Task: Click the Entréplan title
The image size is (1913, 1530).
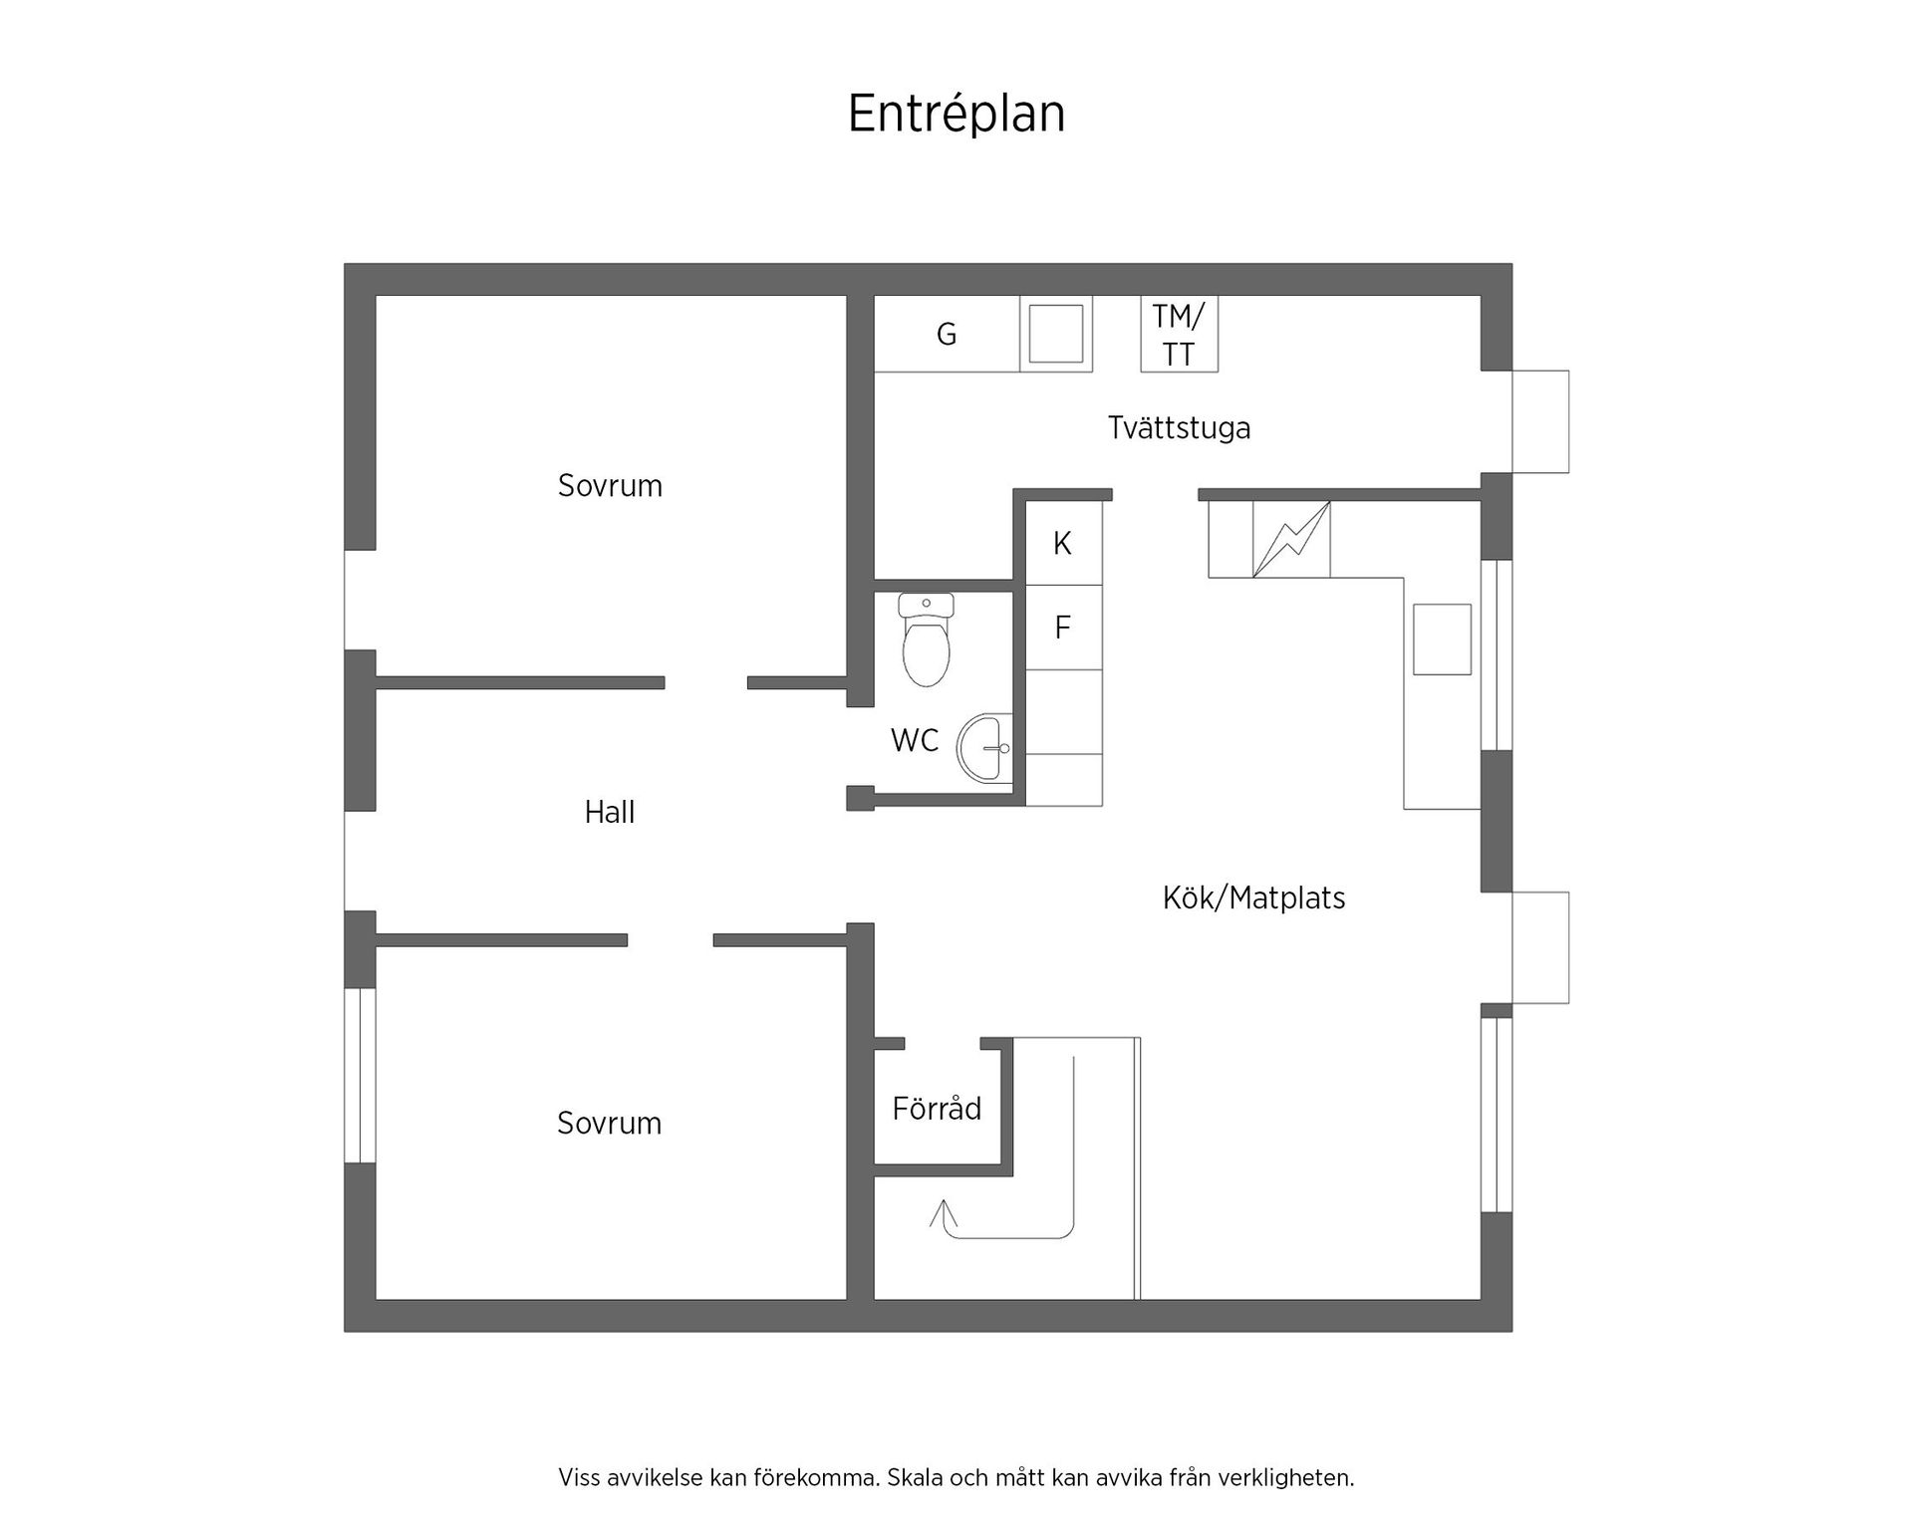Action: point(956,114)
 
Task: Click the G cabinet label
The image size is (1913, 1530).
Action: point(947,334)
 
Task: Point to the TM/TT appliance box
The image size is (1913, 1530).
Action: point(1179,334)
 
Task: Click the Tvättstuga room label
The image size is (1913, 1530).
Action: point(1179,428)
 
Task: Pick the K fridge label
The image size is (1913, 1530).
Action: point(1062,544)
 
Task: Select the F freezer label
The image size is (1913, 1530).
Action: point(1062,628)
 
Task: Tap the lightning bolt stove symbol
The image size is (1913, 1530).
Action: point(1291,539)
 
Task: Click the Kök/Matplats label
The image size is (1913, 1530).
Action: point(1253,898)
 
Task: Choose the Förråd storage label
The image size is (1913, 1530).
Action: point(937,1109)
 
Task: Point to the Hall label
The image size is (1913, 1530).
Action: point(609,813)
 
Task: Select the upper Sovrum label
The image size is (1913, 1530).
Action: point(610,486)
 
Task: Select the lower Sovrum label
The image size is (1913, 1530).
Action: point(609,1124)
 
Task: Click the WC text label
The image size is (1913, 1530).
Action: point(915,740)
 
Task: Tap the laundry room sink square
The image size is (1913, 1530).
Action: point(1055,334)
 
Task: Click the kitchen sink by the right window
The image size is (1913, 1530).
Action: point(1442,639)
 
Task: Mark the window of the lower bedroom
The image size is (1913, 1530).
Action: point(360,1076)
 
